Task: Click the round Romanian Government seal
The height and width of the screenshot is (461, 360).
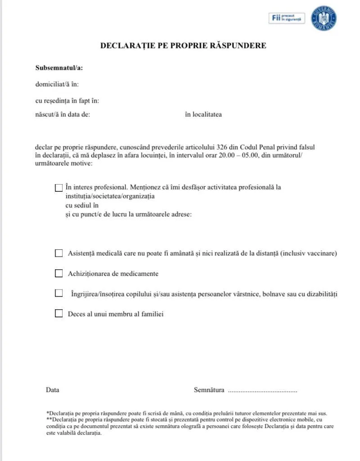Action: click(x=324, y=18)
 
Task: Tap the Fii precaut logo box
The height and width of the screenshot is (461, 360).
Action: click(x=287, y=18)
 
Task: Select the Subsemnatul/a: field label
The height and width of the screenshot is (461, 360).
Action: click(x=59, y=68)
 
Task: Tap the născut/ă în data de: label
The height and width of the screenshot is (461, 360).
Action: click(x=63, y=114)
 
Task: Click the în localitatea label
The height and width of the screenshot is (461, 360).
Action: click(x=203, y=114)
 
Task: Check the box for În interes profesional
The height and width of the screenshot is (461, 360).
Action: click(x=58, y=188)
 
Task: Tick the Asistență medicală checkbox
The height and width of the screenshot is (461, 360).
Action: click(x=58, y=253)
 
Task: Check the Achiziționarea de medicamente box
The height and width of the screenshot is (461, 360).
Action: click(x=58, y=273)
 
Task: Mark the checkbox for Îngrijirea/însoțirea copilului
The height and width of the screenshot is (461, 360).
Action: click(x=58, y=293)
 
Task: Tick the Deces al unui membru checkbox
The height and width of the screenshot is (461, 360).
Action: click(x=58, y=314)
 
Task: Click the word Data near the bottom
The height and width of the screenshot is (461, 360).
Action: click(x=52, y=390)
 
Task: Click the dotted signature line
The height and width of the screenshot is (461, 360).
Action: click(x=262, y=391)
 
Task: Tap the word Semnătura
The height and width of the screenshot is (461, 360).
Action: click(x=209, y=390)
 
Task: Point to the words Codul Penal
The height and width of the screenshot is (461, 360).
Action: click(x=255, y=147)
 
